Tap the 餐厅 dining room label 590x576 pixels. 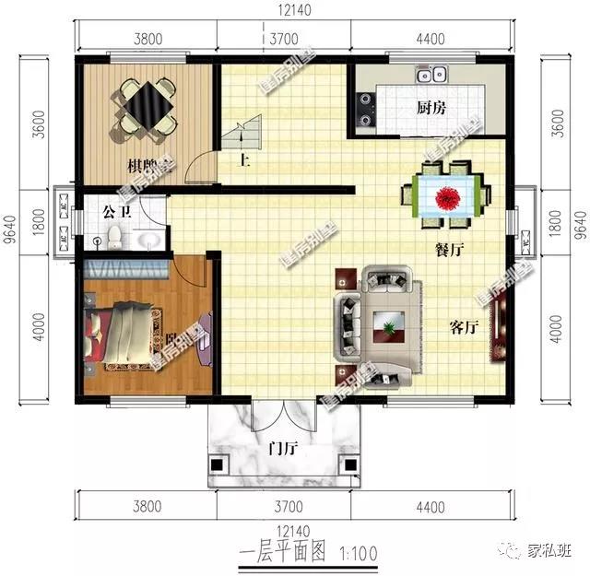tap(449, 249)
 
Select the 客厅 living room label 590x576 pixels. tap(464, 327)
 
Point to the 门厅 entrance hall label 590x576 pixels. tap(282, 451)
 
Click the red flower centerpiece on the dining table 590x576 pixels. tap(449, 196)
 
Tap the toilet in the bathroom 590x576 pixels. tap(112, 239)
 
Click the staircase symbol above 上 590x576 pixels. tap(242, 138)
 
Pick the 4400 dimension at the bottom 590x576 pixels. tap(431, 507)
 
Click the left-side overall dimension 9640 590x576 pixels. tap(10, 228)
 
